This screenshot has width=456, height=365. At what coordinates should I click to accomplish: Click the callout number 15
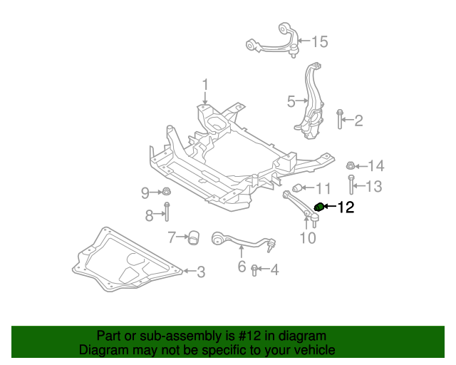pyautogui.click(x=319, y=42)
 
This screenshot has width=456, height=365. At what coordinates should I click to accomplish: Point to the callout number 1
pyautogui.click(x=204, y=86)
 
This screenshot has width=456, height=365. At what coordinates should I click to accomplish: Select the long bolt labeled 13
pyautogui.click(x=351, y=186)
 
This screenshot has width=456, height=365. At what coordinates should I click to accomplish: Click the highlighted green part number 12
pyautogui.click(x=320, y=207)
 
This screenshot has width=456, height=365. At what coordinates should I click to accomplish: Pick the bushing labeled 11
pyautogui.click(x=300, y=188)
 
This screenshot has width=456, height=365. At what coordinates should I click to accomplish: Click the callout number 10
pyautogui.click(x=307, y=237)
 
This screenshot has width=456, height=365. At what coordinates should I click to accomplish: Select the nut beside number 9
pyautogui.click(x=165, y=192)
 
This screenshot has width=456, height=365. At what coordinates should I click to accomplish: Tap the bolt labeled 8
pyautogui.click(x=167, y=213)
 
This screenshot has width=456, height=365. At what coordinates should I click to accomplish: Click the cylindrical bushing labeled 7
pyautogui.click(x=193, y=237)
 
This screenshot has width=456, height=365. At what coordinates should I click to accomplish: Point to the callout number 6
pyautogui.click(x=242, y=267)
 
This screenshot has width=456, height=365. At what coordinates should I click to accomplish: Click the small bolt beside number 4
pyautogui.click(x=254, y=269)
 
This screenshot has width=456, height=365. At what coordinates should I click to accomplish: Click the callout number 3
pyautogui.click(x=201, y=272)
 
